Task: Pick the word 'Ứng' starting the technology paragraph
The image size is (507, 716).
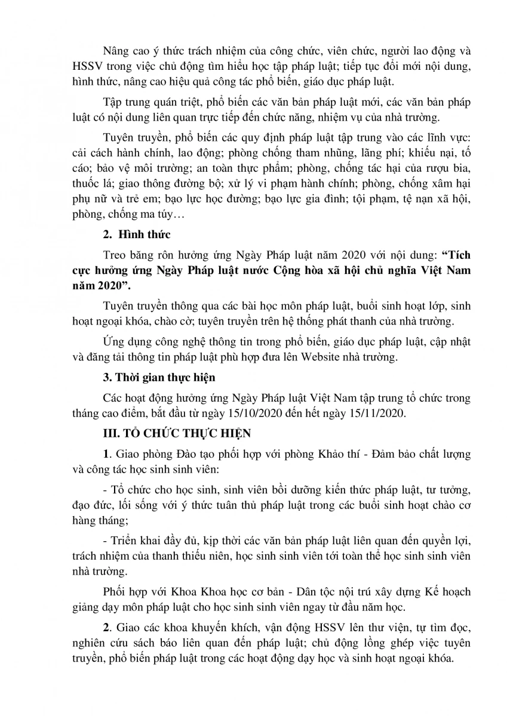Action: pos(114,342)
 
